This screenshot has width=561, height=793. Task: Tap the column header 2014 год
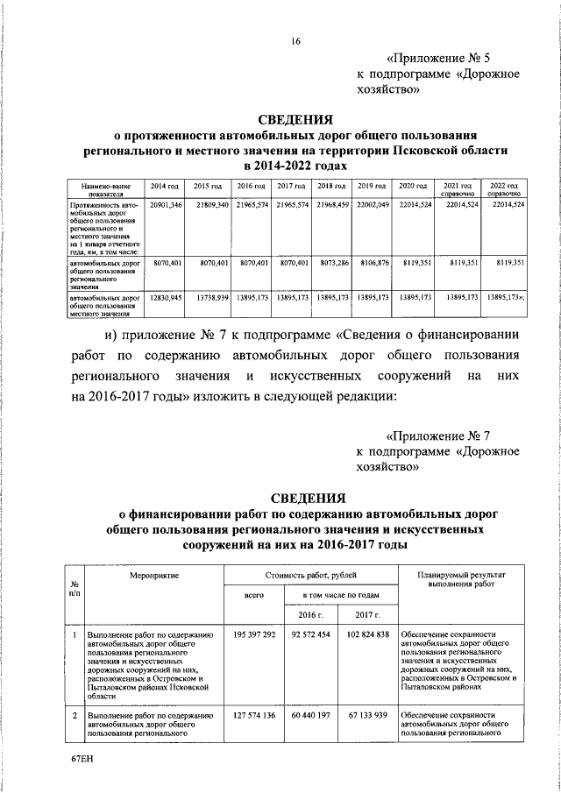pos(165,188)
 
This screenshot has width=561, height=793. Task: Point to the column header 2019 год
pos(372,188)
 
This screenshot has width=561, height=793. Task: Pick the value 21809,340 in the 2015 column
pos(211,204)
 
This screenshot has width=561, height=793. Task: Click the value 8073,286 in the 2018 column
pos(334,262)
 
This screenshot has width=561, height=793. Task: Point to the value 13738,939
pos(211,298)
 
